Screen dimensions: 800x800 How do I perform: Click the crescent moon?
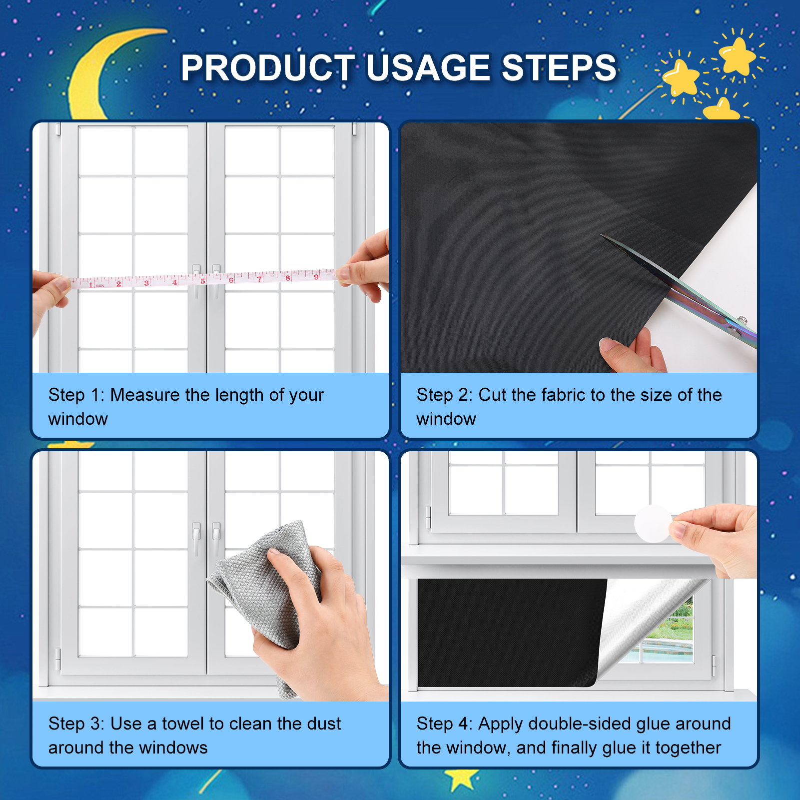point(100,75)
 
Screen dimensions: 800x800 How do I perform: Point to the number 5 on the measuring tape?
point(202,281)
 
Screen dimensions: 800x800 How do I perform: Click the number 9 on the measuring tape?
point(316,277)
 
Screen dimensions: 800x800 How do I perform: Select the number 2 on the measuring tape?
point(118,283)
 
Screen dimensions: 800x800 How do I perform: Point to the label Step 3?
point(76,724)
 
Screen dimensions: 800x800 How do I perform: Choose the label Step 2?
point(445,395)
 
